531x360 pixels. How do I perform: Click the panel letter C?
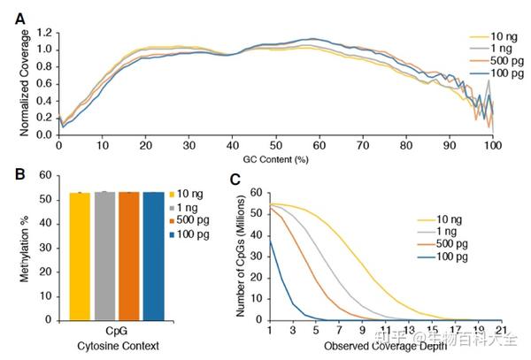pyautogui.click(x=235, y=179)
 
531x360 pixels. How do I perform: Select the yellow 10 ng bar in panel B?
pyautogui.click(x=81, y=256)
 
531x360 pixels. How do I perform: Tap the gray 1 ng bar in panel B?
pyautogui.click(x=105, y=256)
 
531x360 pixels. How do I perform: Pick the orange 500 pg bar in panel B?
pyautogui.click(x=130, y=256)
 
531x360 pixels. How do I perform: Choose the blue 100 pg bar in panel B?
pyautogui.click(x=154, y=256)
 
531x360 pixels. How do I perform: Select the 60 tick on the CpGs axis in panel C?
pyautogui.click(x=258, y=192)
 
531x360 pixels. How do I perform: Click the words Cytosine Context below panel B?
pyautogui.click(x=118, y=343)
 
